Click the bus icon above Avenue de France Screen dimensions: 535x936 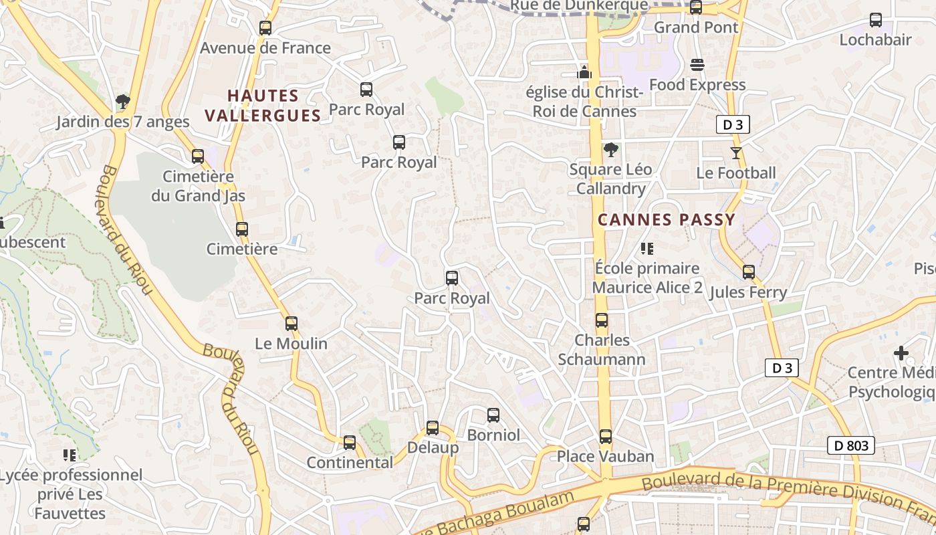tap(265, 28)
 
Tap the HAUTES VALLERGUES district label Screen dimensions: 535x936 tap(263, 106)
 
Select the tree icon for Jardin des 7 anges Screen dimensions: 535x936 tap(122, 102)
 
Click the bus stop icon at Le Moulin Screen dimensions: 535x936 tap(291, 324)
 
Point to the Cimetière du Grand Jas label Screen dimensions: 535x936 tap(198, 187)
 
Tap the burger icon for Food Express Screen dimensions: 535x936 tap(697, 65)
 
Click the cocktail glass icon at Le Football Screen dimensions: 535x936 tap(736, 153)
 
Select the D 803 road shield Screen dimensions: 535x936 tap(851, 445)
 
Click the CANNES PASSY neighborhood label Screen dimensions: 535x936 tap(666, 219)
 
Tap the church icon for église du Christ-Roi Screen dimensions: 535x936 tap(585, 72)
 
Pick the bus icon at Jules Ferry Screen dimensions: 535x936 tap(749, 272)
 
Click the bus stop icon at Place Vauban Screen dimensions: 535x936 tap(606, 437)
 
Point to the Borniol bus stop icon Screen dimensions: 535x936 tap(493, 415)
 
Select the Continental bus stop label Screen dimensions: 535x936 tap(350, 462)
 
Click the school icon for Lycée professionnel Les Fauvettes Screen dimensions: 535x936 tap(70, 455)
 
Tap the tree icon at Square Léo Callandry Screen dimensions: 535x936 tap(609, 149)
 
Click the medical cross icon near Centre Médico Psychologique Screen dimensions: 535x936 tap(901, 352)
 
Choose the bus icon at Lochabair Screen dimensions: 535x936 tap(876, 20)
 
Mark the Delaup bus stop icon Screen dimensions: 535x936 tap(433, 428)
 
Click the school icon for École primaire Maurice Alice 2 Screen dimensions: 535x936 tap(647, 249)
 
